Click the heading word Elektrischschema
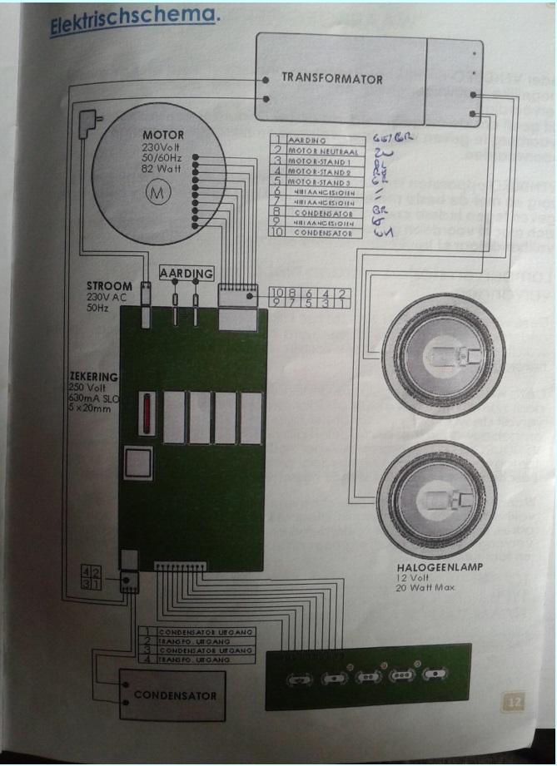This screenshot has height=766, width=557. pyautogui.click(x=133, y=21)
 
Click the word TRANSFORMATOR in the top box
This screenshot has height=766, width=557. pyautogui.click(x=331, y=79)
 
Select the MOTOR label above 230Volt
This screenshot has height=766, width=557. pyautogui.click(x=163, y=135)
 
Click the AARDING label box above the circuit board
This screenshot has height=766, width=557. pyautogui.click(x=186, y=273)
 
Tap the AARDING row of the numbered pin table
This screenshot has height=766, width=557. pyautogui.click(x=313, y=141)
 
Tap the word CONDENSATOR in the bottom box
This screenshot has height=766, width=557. pyautogui.click(x=175, y=695)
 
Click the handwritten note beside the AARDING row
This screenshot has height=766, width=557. pyautogui.click(x=391, y=138)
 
